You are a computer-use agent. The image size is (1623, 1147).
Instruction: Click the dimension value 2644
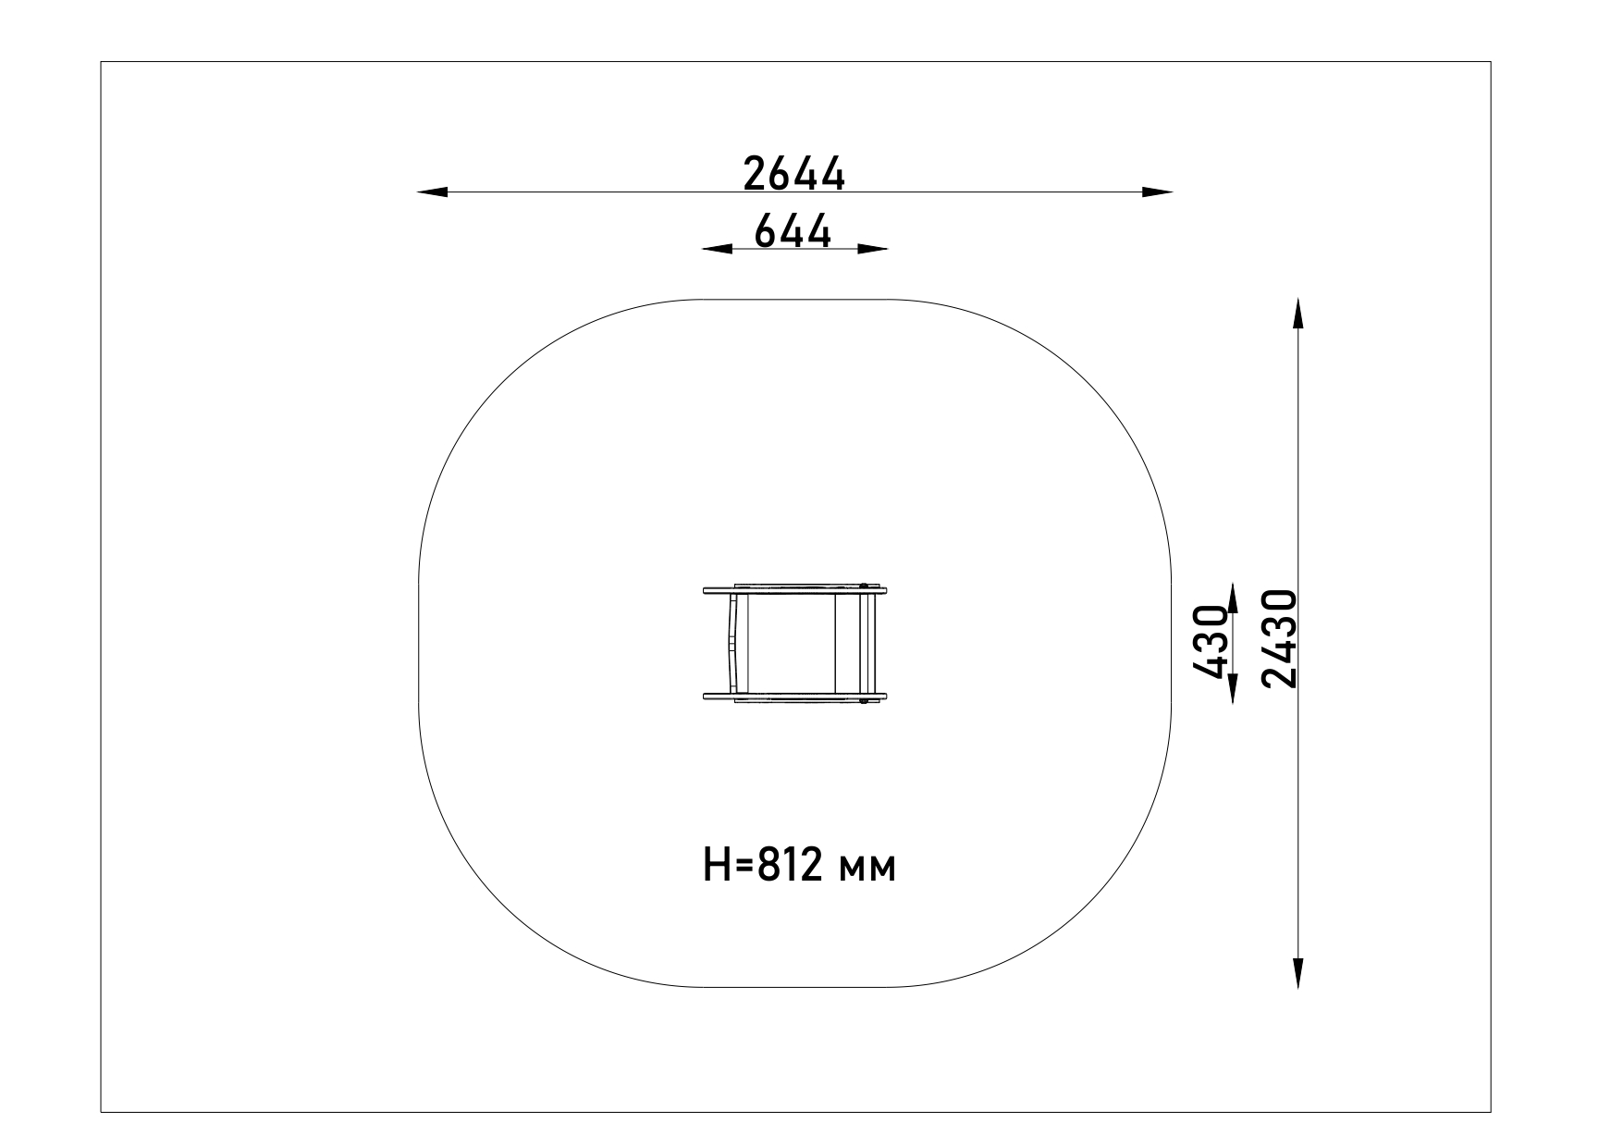click(x=794, y=174)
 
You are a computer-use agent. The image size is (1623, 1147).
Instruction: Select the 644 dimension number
click(x=793, y=230)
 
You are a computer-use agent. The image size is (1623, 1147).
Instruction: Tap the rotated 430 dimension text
click(x=1210, y=643)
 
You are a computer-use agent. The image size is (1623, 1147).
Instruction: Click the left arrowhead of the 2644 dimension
click(x=432, y=192)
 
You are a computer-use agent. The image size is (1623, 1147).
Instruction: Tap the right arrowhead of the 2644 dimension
click(x=1158, y=192)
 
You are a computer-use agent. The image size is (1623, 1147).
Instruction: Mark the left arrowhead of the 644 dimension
click(x=717, y=249)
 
